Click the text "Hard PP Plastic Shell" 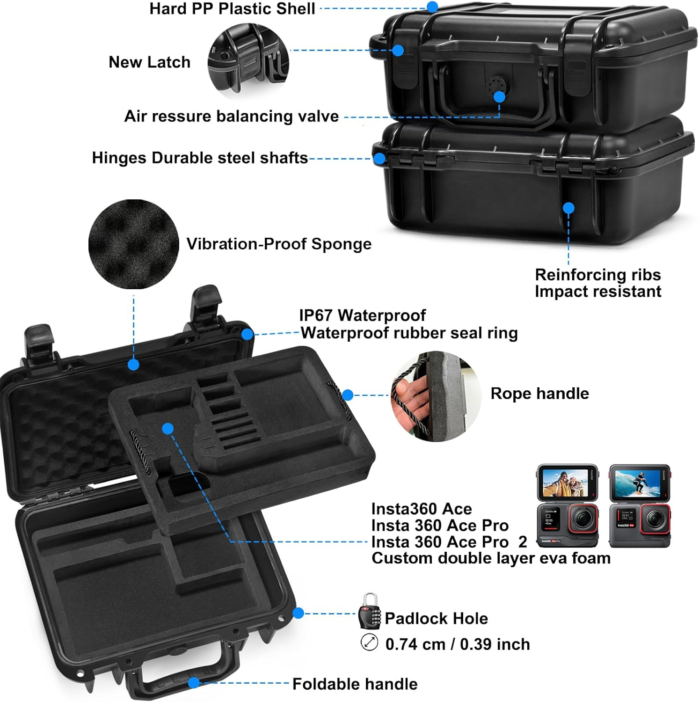pos(232,9)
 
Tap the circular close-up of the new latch pos(248,61)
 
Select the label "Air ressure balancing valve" pos(231,116)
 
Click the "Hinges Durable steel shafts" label pos(200,158)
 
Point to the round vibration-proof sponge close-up pos(134,244)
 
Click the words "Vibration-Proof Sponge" pos(279,244)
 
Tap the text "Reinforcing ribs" pos(597,275)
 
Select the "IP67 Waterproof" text pos(363,315)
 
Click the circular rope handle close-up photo pos(436,396)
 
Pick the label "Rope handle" pos(539,394)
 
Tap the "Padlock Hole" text pos(436,619)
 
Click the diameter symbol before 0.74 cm pos(369,642)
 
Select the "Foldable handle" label pos(355,684)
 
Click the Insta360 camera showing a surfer pos(640,505)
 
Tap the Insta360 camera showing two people pos(567,505)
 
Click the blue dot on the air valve pos(499,97)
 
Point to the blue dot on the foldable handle pos(194,683)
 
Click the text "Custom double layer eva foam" pos(491,558)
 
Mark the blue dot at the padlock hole pos(298,613)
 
